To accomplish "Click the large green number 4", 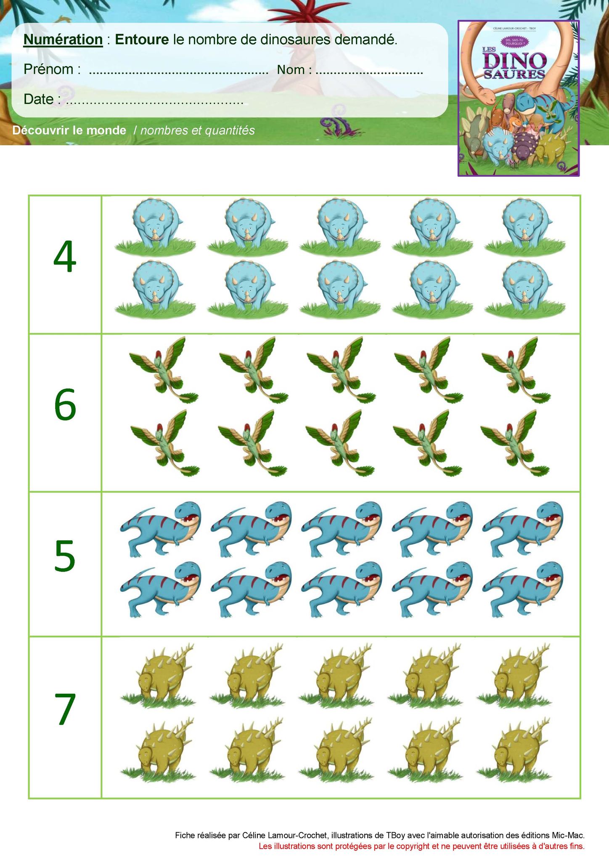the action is pos(65,257).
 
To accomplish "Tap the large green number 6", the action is pos(65,405).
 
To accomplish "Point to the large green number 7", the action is pos(66,709).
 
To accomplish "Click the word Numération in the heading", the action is pos(63,39).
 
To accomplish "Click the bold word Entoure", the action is pos(143,39).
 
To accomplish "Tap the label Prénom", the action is pos(49,69).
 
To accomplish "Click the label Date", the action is pos(39,99).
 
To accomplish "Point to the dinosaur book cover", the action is pos(519,98).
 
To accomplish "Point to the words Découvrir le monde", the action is pos(69,130).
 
